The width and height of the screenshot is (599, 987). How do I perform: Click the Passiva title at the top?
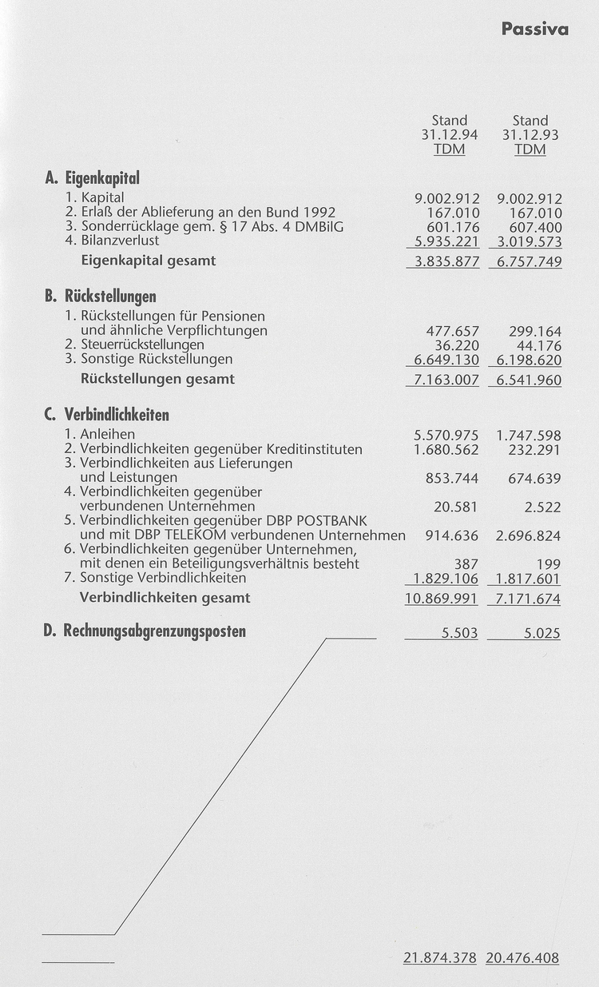pyautogui.click(x=535, y=30)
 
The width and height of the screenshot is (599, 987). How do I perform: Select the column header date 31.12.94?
pyautogui.click(x=449, y=135)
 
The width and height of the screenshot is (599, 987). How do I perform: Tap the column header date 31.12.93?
pyautogui.click(x=530, y=135)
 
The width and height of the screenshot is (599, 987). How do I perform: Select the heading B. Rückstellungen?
pyautogui.click(x=100, y=297)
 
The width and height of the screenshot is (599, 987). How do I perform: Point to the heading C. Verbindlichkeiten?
pyautogui.click(x=107, y=416)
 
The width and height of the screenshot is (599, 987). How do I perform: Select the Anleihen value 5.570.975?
pyautogui.click(x=446, y=436)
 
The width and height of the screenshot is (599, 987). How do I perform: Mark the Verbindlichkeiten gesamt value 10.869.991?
pyautogui.click(x=442, y=598)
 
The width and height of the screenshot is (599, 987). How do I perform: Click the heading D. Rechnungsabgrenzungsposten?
pyautogui.click(x=145, y=632)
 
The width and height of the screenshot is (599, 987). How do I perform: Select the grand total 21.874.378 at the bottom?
pyautogui.click(x=440, y=958)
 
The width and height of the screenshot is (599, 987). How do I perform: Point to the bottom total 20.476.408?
pyautogui.click(x=522, y=958)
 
